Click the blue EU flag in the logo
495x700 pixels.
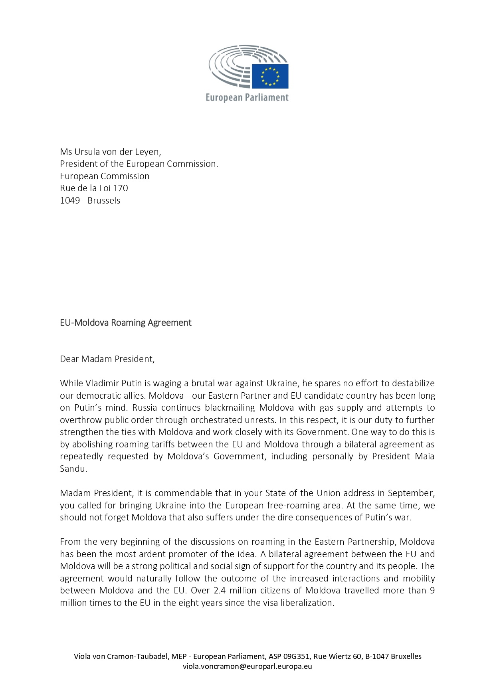pyautogui.click(x=270, y=76)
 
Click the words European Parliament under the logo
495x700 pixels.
pyautogui.click(x=247, y=97)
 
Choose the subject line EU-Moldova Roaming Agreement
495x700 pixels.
pyautogui.click(x=126, y=322)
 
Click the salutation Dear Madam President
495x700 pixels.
pyautogui.click(x=107, y=359)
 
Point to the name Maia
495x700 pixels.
pyautogui.click(x=424, y=456)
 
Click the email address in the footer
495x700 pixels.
pyautogui.click(x=247, y=666)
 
